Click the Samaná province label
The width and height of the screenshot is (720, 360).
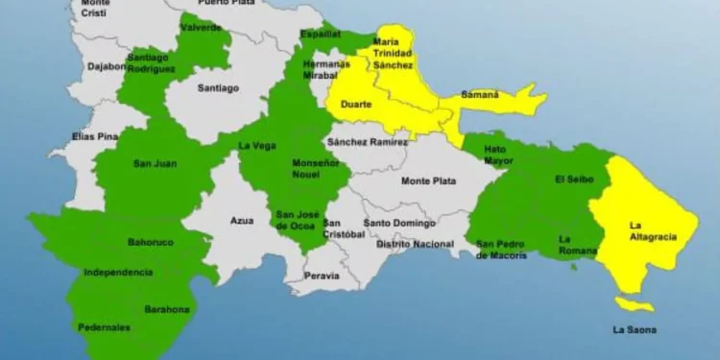click(483, 95)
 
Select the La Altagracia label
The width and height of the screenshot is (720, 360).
click(653, 230)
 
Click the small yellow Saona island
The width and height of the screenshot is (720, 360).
click(634, 305)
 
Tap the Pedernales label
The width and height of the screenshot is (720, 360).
click(105, 327)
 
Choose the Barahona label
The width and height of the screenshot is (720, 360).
click(168, 309)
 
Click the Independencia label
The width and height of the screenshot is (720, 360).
click(118, 273)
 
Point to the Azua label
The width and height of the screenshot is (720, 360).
click(242, 221)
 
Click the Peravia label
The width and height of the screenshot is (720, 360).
click(321, 276)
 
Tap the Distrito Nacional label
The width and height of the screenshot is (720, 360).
click(415, 244)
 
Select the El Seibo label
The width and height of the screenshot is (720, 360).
click(574, 180)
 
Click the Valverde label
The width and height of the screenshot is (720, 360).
click(202, 28)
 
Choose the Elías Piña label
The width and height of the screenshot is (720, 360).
click(95, 137)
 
